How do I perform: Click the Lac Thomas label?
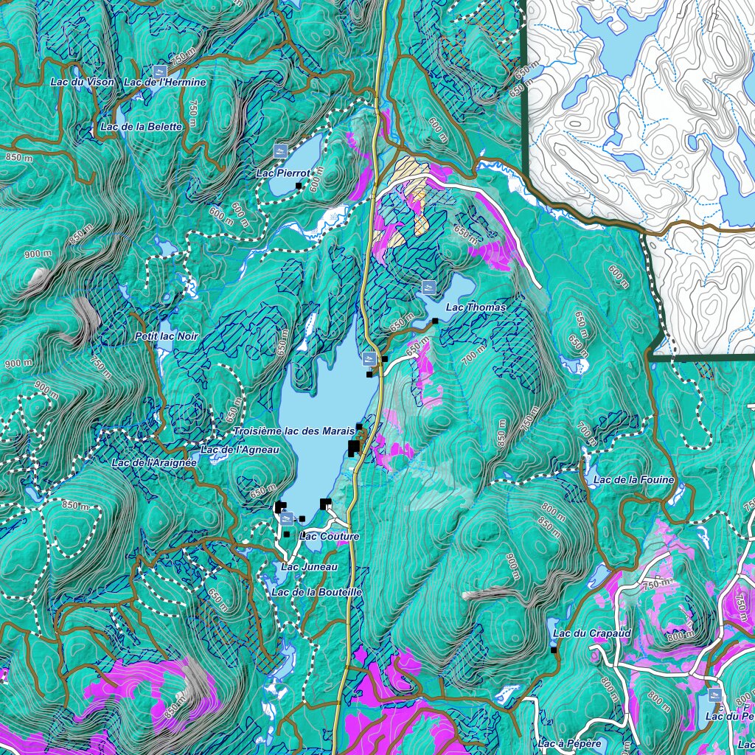(x=476, y=307)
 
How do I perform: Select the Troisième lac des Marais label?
(x=294, y=431)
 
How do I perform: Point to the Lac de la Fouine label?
(x=633, y=480)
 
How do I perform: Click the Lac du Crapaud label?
(x=581, y=633)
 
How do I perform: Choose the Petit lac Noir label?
(x=167, y=336)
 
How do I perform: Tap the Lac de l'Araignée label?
(x=154, y=463)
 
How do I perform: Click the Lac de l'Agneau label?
(x=240, y=450)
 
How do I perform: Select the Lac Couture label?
(x=330, y=536)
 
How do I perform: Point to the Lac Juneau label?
(x=309, y=566)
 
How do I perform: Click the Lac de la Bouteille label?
(x=316, y=592)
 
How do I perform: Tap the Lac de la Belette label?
(x=140, y=127)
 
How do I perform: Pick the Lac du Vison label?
(x=83, y=82)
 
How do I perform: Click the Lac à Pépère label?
(x=570, y=743)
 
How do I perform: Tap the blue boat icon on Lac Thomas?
(x=428, y=285)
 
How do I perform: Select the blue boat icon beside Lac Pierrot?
(x=281, y=150)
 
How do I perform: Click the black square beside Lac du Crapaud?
(x=554, y=650)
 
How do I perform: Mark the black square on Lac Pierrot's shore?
(x=299, y=185)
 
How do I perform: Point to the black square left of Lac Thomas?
(x=435, y=321)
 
